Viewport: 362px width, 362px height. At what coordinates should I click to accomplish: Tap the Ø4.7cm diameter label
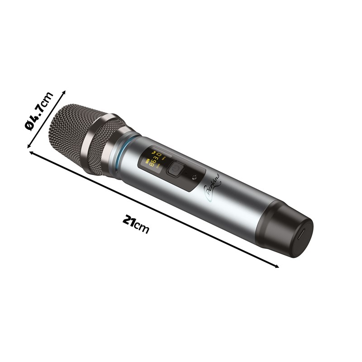click(39, 111)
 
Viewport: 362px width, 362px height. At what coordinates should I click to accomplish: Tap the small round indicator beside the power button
click(195, 177)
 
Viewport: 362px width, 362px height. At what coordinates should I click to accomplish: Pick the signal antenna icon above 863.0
click(152, 152)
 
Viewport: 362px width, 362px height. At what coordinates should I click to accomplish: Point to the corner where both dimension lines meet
click(30, 151)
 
